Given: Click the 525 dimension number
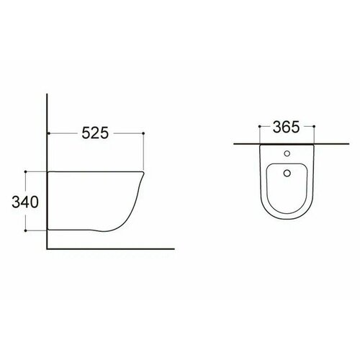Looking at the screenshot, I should point(95,133).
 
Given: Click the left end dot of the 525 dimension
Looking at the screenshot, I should point(47,134).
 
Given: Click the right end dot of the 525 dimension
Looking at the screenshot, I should point(145,134).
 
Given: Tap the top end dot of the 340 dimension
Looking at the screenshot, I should point(26,171).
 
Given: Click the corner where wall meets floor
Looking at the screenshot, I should point(47,247).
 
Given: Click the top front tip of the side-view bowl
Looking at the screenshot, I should point(145,173).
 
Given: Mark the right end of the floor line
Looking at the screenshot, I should point(175,247).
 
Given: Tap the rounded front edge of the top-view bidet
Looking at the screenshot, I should point(286,219).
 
